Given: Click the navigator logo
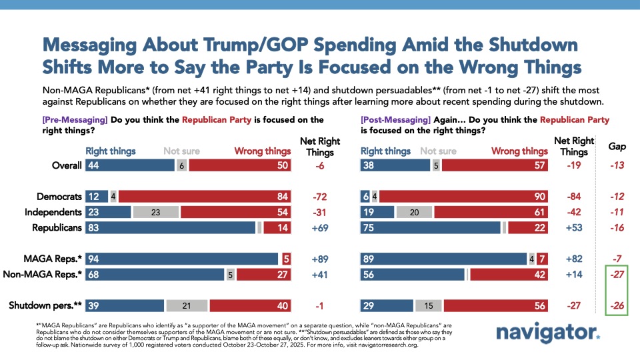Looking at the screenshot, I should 547,333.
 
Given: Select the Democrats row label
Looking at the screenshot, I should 59,197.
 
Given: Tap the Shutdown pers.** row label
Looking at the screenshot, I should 45,305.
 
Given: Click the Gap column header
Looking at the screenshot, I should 617,146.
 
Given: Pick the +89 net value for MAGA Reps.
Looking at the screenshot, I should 322,259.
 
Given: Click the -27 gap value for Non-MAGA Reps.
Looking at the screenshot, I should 617,274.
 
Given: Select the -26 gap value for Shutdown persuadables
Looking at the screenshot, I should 617,305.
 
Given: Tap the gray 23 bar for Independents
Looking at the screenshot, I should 155,212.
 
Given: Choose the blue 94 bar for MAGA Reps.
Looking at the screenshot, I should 182,259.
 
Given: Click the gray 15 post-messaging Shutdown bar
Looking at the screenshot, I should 429,305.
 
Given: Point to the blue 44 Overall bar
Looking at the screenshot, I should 129,165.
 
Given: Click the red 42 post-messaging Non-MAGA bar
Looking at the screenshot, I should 508,274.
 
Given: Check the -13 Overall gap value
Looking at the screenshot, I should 617,165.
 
